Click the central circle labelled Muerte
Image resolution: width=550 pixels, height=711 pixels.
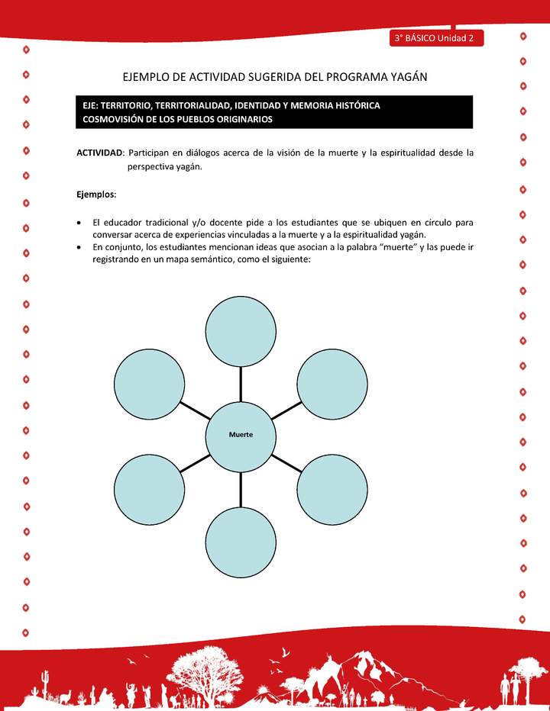click(x=241, y=436)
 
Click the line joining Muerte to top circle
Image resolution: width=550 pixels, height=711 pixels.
click(x=241, y=383)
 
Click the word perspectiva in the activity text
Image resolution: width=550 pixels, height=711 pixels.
click(x=153, y=166)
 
